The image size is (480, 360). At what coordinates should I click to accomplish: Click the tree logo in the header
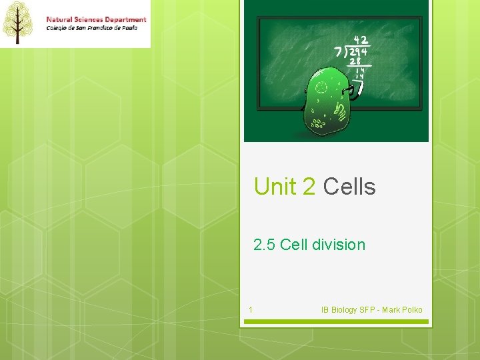click(18, 23)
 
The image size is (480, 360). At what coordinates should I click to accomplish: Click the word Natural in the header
click(61, 19)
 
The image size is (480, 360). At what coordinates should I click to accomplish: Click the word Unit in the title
click(275, 187)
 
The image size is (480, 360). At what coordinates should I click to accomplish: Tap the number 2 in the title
click(309, 187)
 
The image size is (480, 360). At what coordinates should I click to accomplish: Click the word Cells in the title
click(349, 187)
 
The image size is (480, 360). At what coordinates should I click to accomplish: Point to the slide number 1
click(250, 309)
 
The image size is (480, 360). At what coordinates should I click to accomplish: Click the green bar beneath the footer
click(335, 321)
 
